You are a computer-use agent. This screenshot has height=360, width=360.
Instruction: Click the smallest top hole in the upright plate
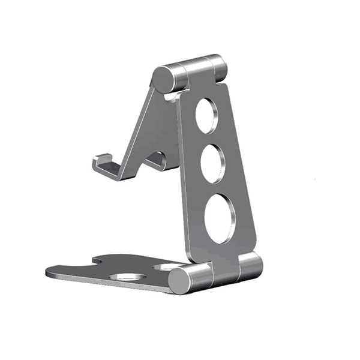coord(205,116)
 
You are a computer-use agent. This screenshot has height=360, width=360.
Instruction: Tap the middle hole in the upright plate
coord(212,163)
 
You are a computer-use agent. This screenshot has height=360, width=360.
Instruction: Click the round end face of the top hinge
coord(161,79)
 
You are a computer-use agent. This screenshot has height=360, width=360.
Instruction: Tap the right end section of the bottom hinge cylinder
coord(252,266)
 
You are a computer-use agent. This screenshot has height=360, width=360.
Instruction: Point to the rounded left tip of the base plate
coord(51,272)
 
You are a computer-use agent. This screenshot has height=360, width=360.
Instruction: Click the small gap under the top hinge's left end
coord(171,95)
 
